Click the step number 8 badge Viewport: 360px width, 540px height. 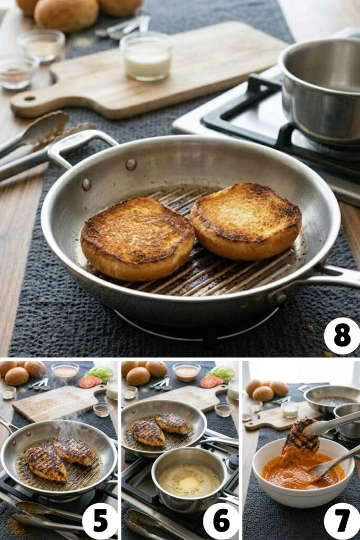pos(342,336)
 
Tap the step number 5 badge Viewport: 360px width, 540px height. pos(100,521)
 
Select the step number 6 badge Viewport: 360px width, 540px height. pos(221,521)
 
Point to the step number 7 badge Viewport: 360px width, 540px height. pos(342,521)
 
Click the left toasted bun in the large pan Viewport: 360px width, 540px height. pos(137,238)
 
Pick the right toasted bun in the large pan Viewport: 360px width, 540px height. pos(246,221)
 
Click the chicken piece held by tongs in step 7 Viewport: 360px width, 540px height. pos(300,438)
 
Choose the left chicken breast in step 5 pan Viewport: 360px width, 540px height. pos(46,462)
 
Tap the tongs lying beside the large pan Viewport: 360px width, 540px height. pos(32,142)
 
